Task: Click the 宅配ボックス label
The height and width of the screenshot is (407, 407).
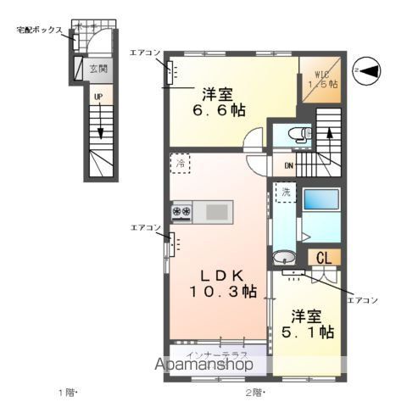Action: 39,30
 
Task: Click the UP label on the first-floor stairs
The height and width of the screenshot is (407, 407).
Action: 98,97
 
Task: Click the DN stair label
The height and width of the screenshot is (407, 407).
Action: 289,165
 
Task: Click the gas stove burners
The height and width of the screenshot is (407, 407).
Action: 182,210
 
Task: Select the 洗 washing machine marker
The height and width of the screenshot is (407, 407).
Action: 285,192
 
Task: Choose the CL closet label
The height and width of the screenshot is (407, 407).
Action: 323,258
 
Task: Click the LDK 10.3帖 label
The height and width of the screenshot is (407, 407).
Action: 223,283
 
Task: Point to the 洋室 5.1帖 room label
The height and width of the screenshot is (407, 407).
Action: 305,324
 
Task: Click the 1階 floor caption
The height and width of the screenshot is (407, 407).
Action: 67,392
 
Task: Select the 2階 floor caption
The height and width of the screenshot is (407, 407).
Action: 255,392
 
